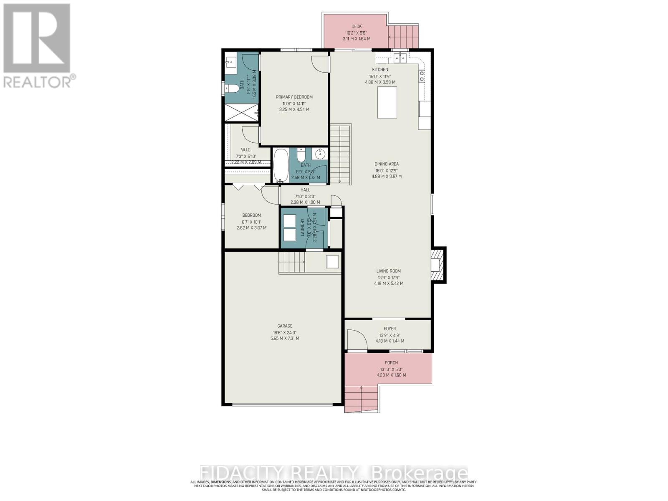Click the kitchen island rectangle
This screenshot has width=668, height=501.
point(387,102)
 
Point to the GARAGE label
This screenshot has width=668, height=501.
point(284,326)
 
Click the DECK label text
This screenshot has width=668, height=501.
point(356,26)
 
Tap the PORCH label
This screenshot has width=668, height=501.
point(391,363)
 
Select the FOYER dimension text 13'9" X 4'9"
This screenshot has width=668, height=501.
point(390,335)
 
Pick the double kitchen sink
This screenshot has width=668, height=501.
point(400,58)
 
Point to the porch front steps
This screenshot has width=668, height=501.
point(361,399)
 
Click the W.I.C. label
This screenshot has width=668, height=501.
point(246,150)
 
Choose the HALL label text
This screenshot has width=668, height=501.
point(305,190)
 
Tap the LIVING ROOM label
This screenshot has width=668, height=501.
point(388,271)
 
